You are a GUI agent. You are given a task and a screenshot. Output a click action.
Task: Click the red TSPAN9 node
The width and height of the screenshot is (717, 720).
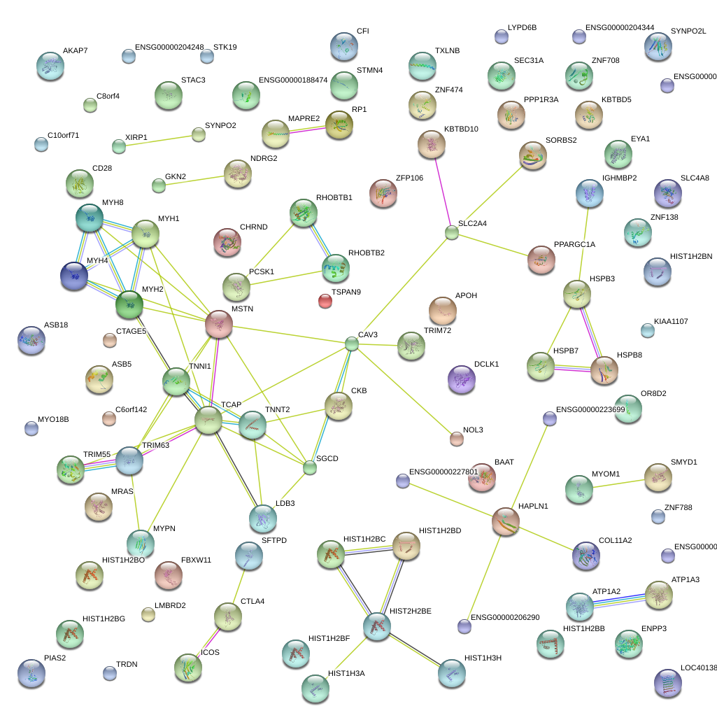pyautogui.click(x=325, y=301)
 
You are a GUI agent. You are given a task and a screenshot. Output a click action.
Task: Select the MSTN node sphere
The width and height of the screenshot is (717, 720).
pyautogui.click(x=218, y=325)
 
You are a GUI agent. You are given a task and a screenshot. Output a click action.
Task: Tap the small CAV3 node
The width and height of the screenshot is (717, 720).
pyautogui.click(x=352, y=343)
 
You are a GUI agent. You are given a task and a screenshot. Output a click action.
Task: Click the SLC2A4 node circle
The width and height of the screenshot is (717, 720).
pyautogui.click(x=452, y=232)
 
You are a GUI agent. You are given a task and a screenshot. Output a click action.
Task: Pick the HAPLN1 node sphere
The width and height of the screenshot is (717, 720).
pyautogui.click(x=506, y=521)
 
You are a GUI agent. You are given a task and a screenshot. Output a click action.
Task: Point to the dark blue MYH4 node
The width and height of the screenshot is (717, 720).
pyautogui.click(x=75, y=276)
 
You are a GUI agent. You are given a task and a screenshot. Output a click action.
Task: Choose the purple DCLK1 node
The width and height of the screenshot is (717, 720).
pyautogui.click(x=461, y=379)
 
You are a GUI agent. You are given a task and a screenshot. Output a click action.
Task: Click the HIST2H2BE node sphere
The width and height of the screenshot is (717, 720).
pyautogui.click(x=376, y=626)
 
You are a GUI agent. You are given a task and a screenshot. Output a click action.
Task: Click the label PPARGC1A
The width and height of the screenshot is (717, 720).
pyautogui.click(x=574, y=244)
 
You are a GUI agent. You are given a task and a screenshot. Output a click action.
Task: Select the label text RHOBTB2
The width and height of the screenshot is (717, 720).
pyautogui.click(x=366, y=253)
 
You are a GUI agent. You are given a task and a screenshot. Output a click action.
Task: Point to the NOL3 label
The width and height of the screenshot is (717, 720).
pyautogui.click(x=474, y=430)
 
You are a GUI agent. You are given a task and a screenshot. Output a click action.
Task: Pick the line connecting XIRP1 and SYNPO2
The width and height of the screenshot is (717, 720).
pyautogui.click(x=159, y=141)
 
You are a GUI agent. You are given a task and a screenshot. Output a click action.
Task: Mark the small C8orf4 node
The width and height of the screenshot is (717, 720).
pyautogui.click(x=90, y=105)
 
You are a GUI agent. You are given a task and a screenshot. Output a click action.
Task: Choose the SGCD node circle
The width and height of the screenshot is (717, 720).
pyautogui.click(x=310, y=467)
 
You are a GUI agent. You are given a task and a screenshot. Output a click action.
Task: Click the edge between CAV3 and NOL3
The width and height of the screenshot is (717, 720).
pyautogui.click(x=404, y=391)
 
